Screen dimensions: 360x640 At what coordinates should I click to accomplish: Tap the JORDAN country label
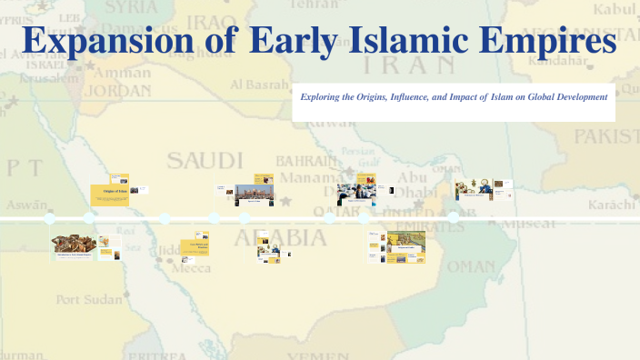(119, 91)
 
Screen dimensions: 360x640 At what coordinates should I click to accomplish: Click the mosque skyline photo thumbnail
(254, 193)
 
